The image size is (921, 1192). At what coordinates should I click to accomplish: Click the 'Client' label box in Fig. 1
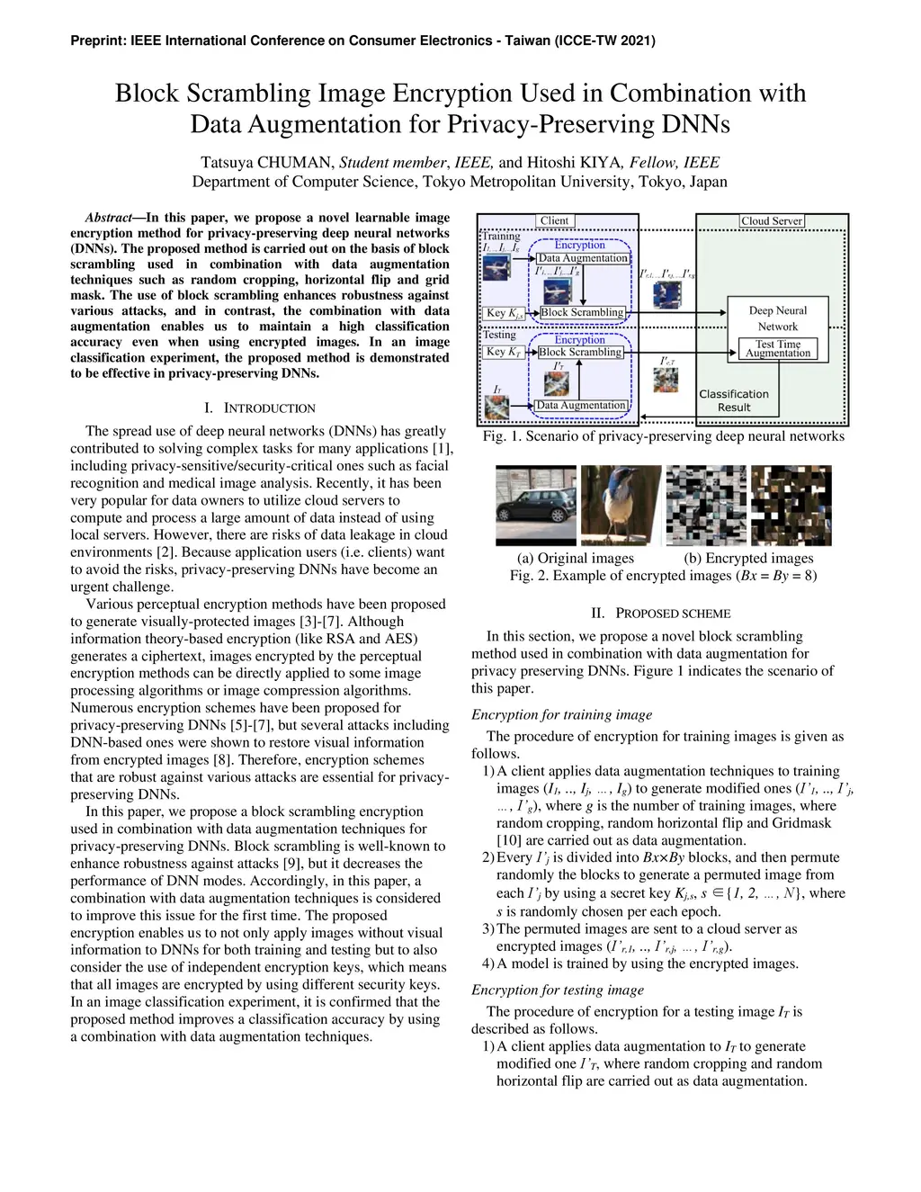pos(554,220)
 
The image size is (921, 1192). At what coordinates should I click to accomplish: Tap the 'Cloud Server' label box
pos(772,221)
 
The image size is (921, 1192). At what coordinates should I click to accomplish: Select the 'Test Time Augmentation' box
pos(778,349)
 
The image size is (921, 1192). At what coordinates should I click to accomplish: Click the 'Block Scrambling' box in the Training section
pos(582,312)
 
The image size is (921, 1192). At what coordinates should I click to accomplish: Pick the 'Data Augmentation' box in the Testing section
pos(580,406)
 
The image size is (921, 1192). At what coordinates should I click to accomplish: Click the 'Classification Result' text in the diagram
pos(734,400)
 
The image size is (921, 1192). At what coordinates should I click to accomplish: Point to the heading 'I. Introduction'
pos(260,408)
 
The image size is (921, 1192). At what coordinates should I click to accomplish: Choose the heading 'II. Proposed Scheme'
pos(660,614)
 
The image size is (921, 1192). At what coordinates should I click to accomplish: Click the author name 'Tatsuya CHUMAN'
pos(268,163)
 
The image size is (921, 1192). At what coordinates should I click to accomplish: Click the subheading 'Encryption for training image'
pos(562,715)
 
